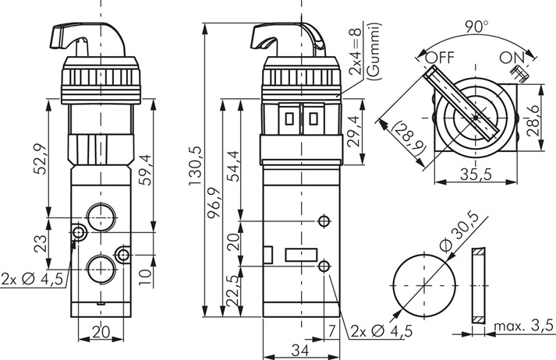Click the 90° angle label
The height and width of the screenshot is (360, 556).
point(473,25)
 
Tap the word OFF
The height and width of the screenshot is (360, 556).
point(441,58)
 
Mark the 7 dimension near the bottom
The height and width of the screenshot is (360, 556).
point(333,332)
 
